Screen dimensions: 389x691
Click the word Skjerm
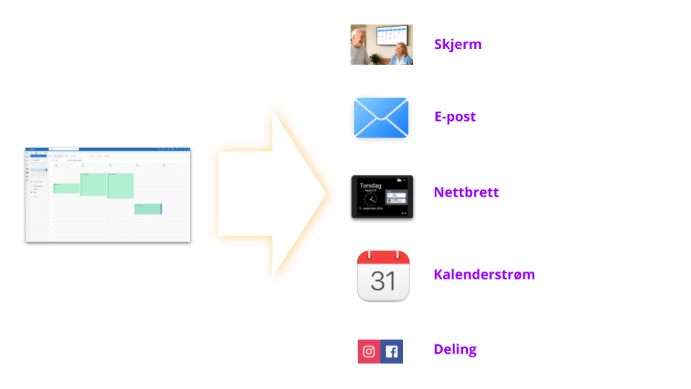[x=458, y=44]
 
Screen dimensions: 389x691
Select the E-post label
[x=455, y=117]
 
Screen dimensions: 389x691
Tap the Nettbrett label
[x=466, y=192]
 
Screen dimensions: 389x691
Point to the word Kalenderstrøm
[x=484, y=274]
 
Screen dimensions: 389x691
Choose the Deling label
[x=455, y=350]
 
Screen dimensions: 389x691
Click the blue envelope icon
[x=381, y=119]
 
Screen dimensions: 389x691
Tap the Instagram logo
[x=369, y=352]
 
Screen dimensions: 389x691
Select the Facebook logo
[x=392, y=352]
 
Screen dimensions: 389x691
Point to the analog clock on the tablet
[x=371, y=200]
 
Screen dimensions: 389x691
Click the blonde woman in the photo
[x=401, y=52]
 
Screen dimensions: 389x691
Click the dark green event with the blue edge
[x=148, y=209]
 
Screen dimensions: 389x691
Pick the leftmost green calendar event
[x=66, y=188]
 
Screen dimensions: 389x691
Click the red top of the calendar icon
[x=383, y=257]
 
